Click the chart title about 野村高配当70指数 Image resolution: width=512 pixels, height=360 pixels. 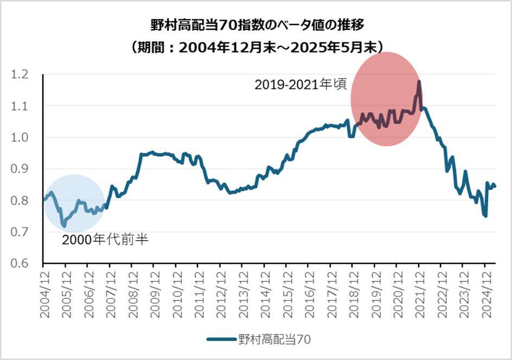(255, 26)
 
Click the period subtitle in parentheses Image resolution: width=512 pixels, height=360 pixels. (255, 47)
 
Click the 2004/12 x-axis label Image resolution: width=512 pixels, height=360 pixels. (43, 292)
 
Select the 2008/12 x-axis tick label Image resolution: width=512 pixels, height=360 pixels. (131, 292)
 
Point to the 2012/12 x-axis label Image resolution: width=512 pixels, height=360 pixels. (220, 292)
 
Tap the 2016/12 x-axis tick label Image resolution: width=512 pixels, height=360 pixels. (308, 292)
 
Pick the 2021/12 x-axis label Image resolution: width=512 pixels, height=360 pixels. (419, 292)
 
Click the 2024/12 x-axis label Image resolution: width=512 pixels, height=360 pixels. (485, 292)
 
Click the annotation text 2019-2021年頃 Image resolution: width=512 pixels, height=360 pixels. (300, 85)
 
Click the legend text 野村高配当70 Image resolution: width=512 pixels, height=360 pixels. (274, 339)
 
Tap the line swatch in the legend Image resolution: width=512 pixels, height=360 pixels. (221, 339)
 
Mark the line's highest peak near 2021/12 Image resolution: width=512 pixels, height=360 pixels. (419, 82)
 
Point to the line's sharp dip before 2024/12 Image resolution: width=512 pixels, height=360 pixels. (485, 216)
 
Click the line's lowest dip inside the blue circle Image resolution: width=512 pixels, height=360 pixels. (64, 225)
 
